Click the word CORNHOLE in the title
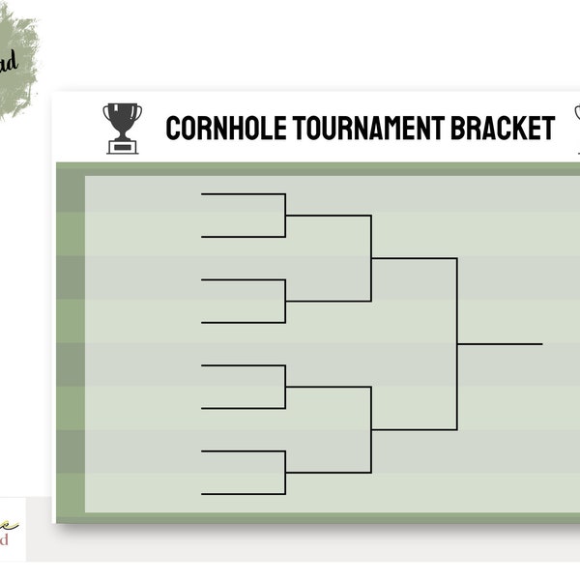point(225,128)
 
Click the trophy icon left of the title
point(123,128)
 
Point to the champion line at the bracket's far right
point(500,343)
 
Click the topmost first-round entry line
point(243,194)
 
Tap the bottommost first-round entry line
point(243,494)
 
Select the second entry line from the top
point(243,237)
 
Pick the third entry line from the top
point(243,280)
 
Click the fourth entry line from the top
point(243,322)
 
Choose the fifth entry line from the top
point(243,365)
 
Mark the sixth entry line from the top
point(243,408)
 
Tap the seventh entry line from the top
point(243,451)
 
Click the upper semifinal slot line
point(329,216)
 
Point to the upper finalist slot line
point(414,258)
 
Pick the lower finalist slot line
point(414,429)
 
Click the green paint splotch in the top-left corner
point(17,63)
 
